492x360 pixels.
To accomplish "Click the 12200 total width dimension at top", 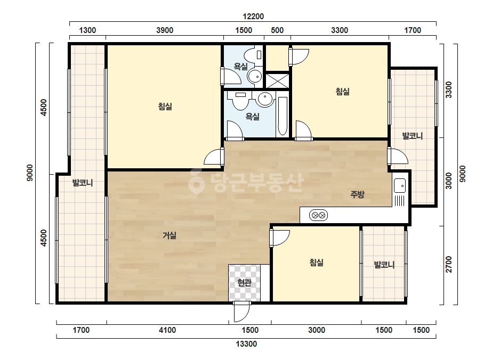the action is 253,17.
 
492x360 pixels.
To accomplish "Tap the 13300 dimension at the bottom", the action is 246,344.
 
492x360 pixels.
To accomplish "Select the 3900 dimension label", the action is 165,30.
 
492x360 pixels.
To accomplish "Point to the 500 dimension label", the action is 277,30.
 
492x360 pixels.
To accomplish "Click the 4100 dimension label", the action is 167,330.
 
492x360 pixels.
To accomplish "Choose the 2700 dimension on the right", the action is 449,264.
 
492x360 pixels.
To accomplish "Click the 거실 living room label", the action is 170,235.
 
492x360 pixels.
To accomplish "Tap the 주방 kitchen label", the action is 357,194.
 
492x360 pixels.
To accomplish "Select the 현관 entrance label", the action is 245,283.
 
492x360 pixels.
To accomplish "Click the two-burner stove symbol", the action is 318,216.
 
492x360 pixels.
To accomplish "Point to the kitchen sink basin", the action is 400,185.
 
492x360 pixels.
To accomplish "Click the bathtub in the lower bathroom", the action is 283,116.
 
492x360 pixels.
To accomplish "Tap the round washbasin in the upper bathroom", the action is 254,76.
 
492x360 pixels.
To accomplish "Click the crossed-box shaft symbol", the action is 277,80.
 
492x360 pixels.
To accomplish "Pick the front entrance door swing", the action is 241,312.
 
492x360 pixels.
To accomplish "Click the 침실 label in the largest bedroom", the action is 165,107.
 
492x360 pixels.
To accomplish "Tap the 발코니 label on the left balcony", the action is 83,183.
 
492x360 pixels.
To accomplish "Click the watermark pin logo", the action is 196,181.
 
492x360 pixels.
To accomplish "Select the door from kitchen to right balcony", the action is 397,156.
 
